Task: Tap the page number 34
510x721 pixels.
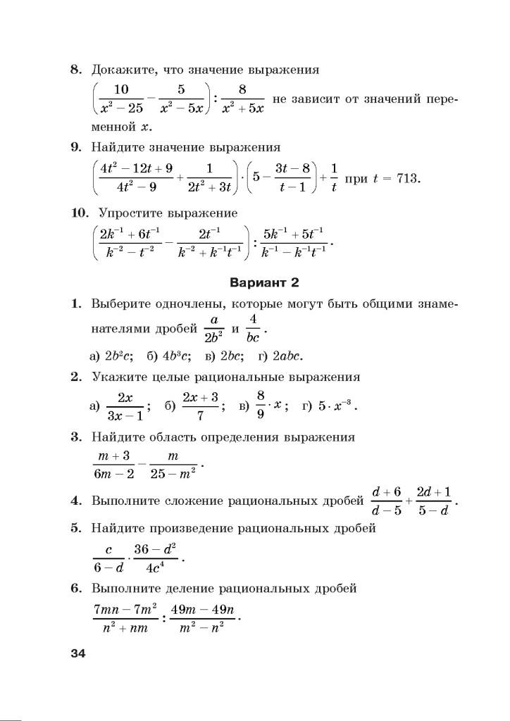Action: (77, 653)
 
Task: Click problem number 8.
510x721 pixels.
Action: (75, 70)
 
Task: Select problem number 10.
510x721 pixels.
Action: (80, 213)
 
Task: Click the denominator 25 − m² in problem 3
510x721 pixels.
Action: (173, 475)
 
